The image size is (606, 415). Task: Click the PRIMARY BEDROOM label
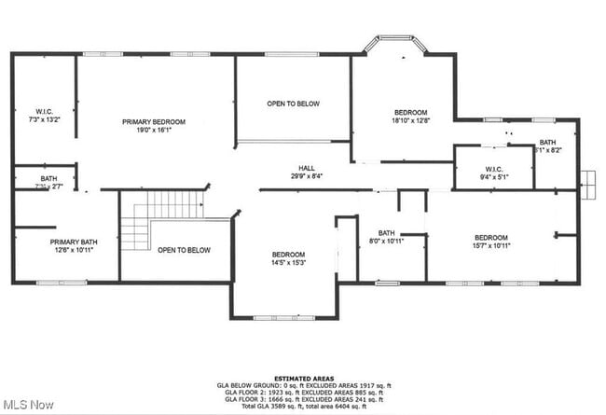coord(154,122)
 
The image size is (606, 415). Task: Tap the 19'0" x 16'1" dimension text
coord(154,131)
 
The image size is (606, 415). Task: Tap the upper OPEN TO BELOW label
coord(294,104)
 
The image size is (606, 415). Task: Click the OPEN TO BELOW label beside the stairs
coord(184,250)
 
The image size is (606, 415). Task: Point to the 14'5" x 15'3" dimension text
coord(288,263)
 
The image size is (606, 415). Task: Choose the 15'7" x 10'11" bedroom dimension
coord(490,245)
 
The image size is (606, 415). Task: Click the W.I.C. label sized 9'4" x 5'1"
coord(493,168)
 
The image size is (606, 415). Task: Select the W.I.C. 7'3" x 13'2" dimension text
coord(44,120)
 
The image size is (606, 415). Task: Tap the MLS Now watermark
coord(28,405)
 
